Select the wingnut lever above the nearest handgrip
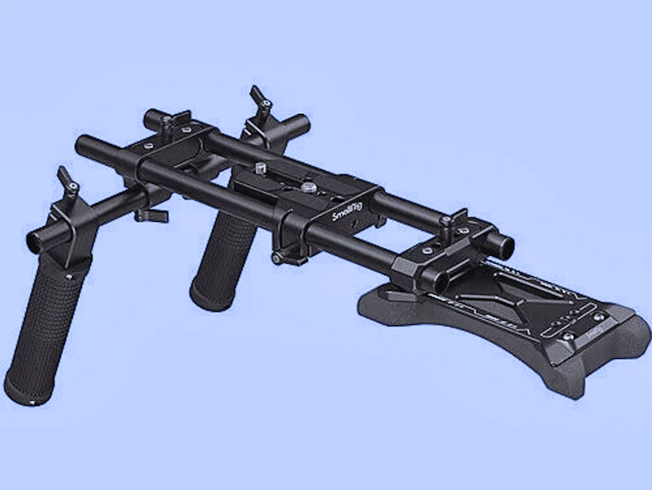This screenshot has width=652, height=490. pos(66,178)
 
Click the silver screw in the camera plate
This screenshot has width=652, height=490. pos(307,187)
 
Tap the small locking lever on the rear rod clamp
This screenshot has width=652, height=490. pos(460,218)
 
